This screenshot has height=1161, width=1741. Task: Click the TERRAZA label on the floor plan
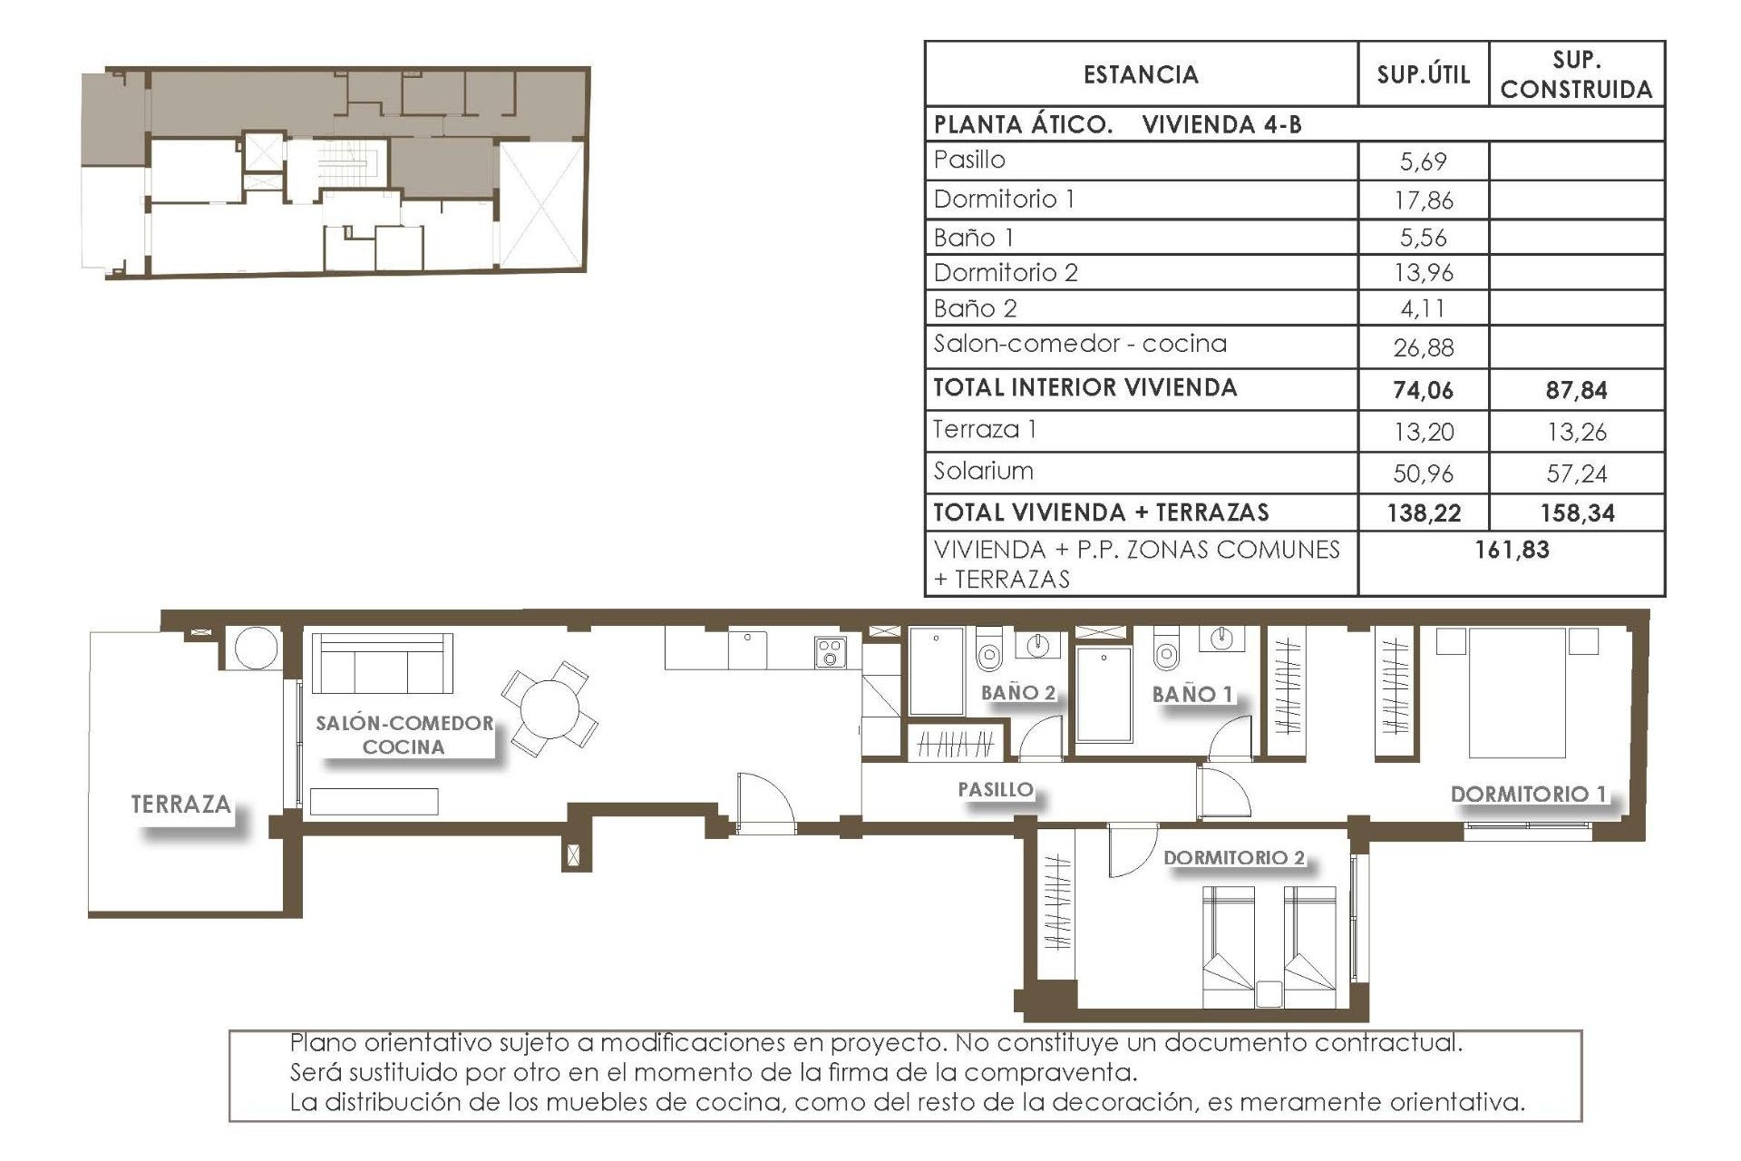point(180,805)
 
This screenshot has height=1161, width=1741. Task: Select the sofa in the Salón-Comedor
point(382,663)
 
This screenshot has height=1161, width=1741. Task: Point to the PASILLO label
point(996,790)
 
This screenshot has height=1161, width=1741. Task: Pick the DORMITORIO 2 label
point(1233,858)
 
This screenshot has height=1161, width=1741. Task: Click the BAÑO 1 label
point(1192,695)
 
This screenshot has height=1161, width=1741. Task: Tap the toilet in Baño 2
point(988,650)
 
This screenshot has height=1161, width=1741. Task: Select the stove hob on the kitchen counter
point(830,651)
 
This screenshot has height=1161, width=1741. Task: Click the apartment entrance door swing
point(764,801)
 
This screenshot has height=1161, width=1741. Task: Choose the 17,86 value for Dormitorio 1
point(1423,200)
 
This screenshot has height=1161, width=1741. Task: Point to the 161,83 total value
point(1512,550)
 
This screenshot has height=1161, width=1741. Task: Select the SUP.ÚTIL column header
point(1423,74)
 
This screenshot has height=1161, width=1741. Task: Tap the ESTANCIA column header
point(1141,74)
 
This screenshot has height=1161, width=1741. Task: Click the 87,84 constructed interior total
point(1576,390)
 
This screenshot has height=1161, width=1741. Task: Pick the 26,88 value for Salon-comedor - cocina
point(1423,347)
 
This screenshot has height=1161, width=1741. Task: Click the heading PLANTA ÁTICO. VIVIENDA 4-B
point(1117,124)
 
